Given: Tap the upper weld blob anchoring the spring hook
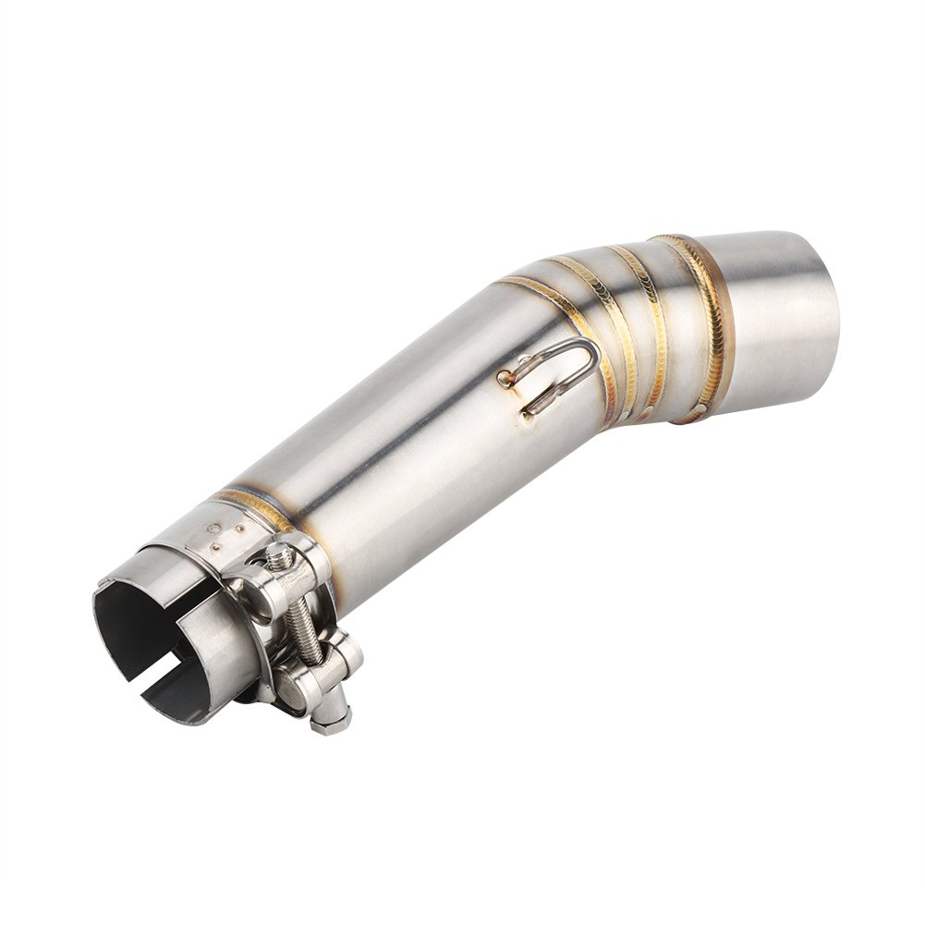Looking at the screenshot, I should coord(505,377).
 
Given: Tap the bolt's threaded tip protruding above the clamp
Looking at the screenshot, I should coord(278,554).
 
